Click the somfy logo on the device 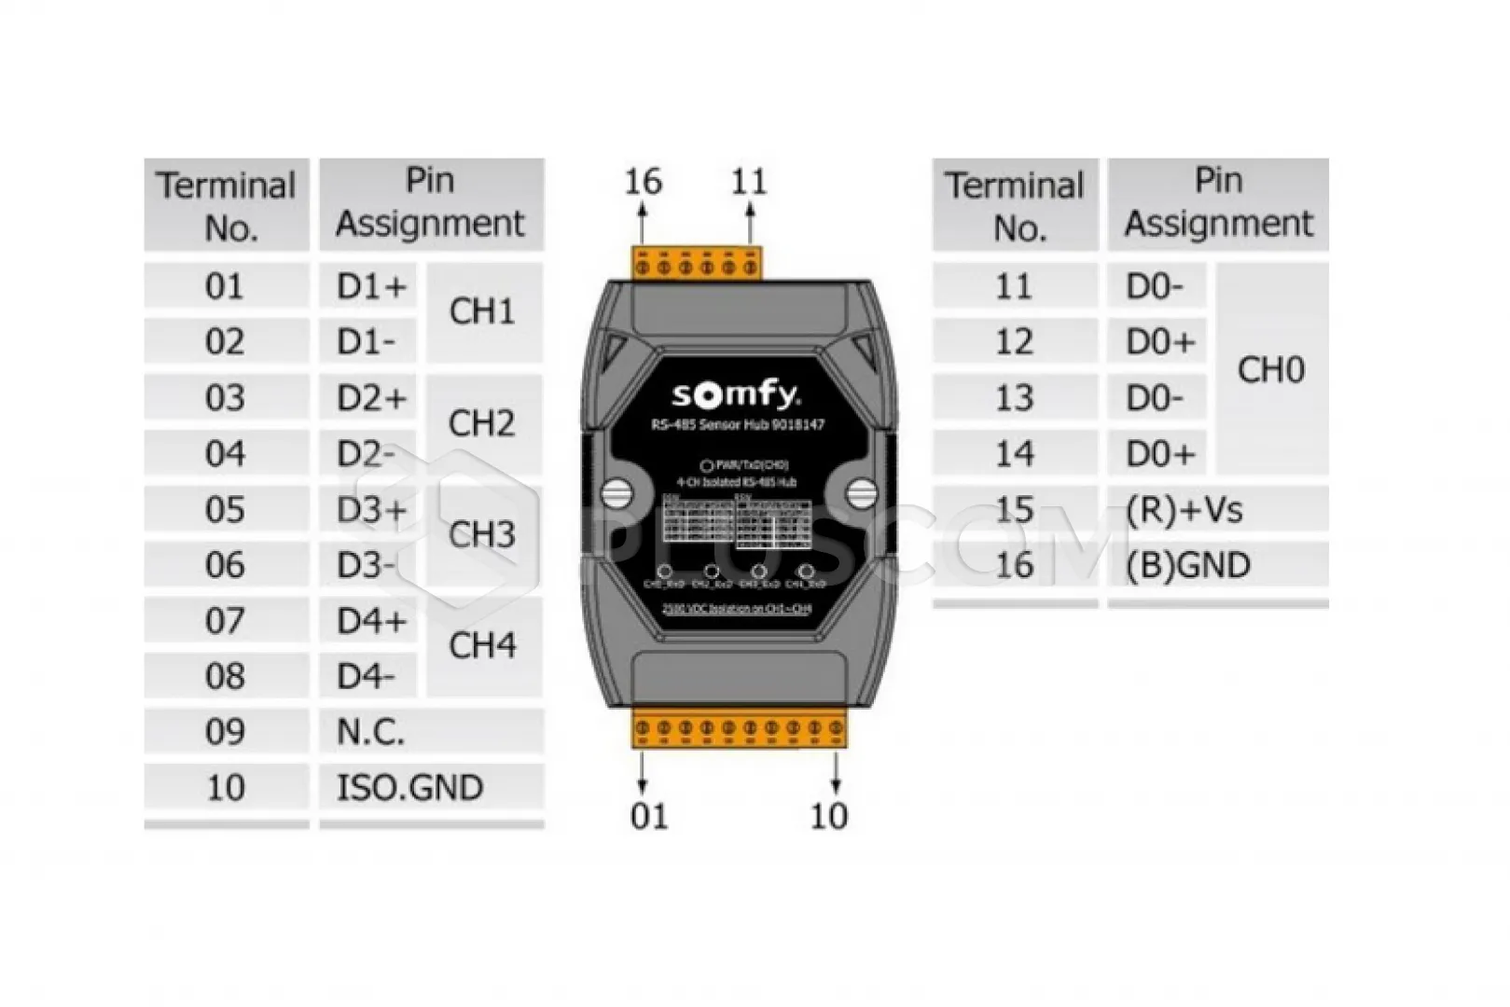(736, 394)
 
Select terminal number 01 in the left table (225, 286)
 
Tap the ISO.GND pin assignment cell (410, 788)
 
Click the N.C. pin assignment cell (371, 732)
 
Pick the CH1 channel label (482, 311)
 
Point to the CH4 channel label (482, 645)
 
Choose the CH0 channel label (1270, 370)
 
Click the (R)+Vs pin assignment (1184, 510)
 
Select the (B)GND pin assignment (1188, 565)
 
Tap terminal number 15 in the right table (1014, 510)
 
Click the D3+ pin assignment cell (371, 510)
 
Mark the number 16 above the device (643, 181)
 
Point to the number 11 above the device (749, 181)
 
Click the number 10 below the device (828, 817)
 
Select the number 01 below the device (649, 817)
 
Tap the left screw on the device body (616, 492)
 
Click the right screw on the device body (861, 492)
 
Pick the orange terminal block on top (697, 264)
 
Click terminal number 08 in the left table (225, 677)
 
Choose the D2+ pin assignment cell (371, 398)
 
